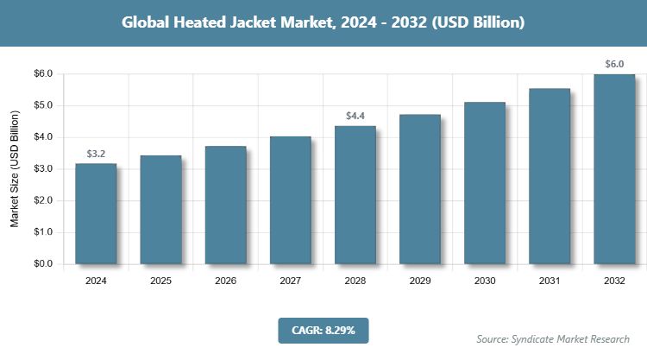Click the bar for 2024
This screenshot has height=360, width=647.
pos(96,213)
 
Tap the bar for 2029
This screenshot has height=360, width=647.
pos(420,189)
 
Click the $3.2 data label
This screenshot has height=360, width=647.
pos(97,154)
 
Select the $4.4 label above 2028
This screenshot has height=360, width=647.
pos(355,116)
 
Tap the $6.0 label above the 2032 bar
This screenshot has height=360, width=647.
pos(614,64)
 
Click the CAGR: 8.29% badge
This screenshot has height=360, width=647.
pos(323,330)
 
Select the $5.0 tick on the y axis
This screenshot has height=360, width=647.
pos(42,105)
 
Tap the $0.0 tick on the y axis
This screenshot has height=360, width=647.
pos(42,264)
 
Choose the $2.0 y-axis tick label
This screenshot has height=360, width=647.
pos(42,200)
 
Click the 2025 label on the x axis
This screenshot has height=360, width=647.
pos(160,281)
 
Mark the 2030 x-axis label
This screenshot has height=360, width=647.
pos(485,281)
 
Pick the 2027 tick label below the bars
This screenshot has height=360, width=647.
pos(290,281)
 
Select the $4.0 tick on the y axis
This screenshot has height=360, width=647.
pos(42,137)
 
